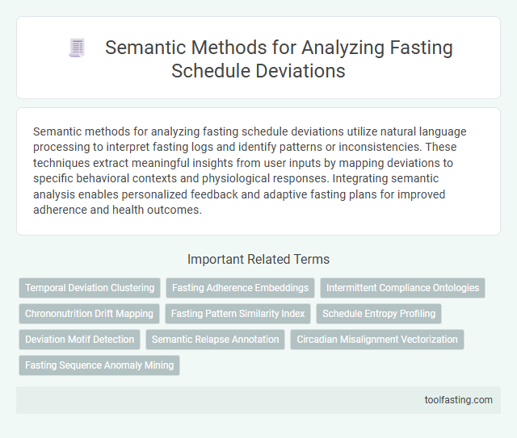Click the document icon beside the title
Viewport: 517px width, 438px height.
point(78,48)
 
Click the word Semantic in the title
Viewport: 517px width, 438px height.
point(144,48)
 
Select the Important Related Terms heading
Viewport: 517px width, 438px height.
point(258,260)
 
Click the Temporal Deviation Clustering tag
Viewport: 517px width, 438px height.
point(90,288)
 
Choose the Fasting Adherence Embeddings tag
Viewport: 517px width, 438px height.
point(239,288)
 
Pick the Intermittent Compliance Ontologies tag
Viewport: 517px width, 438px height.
point(402,288)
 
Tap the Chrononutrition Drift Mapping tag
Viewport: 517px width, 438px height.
point(89,314)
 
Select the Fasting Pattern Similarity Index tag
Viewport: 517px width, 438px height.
point(238,314)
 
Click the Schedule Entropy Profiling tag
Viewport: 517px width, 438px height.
point(379,314)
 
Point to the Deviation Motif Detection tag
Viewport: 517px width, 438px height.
point(79,340)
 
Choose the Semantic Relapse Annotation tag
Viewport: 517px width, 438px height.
point(215,340)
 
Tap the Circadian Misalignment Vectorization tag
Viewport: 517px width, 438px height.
point(376,340)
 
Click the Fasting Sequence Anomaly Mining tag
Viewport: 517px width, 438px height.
point(99,365)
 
